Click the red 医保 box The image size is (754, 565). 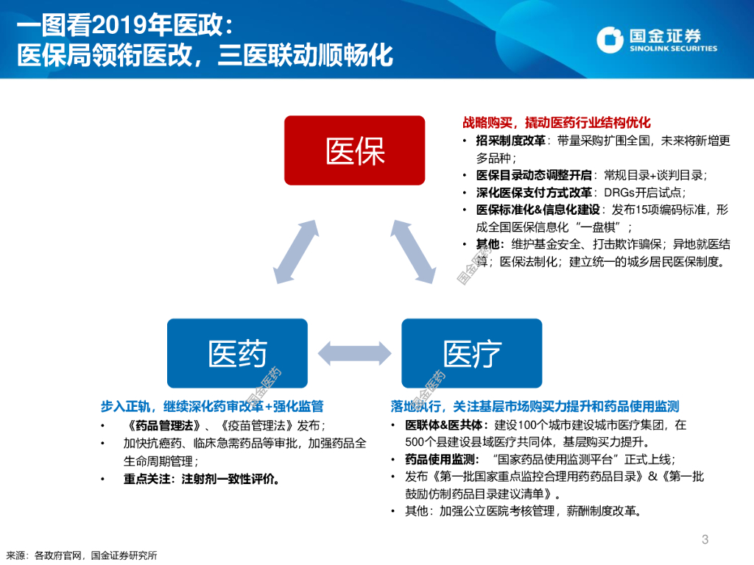tap(355, 150)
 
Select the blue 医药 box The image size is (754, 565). tap(237, 352)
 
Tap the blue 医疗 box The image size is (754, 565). tap(472, 352)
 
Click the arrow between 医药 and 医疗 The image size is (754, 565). tap(354, 352)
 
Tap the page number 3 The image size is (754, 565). tap(705, 540)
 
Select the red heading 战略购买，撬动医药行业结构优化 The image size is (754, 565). tap(557, 123)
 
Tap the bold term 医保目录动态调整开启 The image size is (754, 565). tap(534, 175)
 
